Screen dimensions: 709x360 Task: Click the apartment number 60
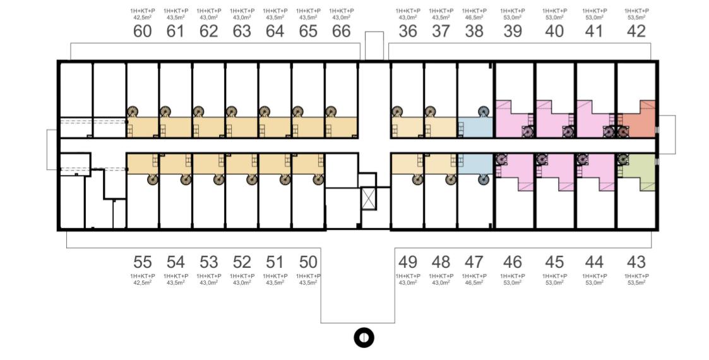pyautogui.click(x=143, y=31)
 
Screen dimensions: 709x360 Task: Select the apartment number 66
pyautogui.click(x=342, y=31)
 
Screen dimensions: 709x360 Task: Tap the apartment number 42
pyautogui.click(x=636, y=31)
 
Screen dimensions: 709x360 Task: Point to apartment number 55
pyautogui.click(x=143, y=262)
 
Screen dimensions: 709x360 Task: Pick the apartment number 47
pyautogui.click(x=474, y=262)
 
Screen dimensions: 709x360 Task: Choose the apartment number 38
pyautogui.click(x=474, y=31)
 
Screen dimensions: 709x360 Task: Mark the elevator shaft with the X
pyautogui.click(x=369, y=199)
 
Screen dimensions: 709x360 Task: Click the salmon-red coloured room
pyautogui.click(x=638, y=120)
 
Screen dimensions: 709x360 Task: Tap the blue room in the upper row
pyautogui.click(x=475, y=127)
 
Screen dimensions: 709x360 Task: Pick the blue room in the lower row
pyautogui.click(x=475, y=164)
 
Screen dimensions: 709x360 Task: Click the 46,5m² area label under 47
pyautogui.click(x=474, y=283)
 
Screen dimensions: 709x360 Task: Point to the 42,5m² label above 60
pyautogui.click(x=143, y=18)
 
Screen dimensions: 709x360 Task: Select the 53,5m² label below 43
pyautogui.click(x=636, y=283)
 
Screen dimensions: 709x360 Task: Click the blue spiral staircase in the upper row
pyautogui.click(x=484, y=111)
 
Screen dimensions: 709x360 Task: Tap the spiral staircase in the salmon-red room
pyautogui.click(x=623, y=131)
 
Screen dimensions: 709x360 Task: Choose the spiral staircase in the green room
pyautogui.click(x=623, y=159)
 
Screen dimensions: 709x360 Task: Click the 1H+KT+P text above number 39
pyautogui.click(x=513, y=11)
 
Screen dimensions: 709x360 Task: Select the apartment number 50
pyautogui.click(x=308, y=262)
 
